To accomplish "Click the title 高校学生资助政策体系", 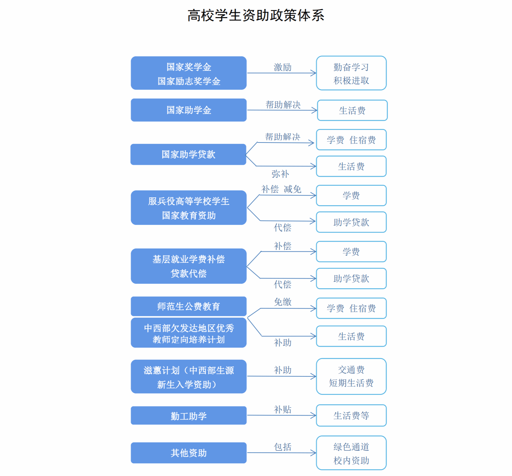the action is (256, 16).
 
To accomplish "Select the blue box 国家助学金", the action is (189, 110).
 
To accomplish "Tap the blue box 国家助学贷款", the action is (188, 154).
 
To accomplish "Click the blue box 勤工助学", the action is (189, 416).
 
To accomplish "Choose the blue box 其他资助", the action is (189, 453).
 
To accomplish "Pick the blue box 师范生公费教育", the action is (189, 306).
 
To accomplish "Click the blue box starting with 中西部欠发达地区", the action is (189, 333).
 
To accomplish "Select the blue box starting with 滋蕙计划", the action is (189, 376).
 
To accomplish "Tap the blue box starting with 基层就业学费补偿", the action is (189, 266).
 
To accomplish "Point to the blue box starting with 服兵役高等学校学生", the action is (189, 207).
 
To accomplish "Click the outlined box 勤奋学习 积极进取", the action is (351, 73).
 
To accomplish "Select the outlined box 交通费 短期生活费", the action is (351, 376).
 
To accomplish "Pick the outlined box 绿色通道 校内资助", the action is (351, 453).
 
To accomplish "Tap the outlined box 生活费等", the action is (351, 416).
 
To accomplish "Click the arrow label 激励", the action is (282, 67).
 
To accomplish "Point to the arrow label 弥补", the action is (280, 174).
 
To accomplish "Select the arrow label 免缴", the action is (282, 302).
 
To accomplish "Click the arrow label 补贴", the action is (282, 409).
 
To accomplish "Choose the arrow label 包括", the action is (282, 447).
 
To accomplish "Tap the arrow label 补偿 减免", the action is (281, 189).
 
